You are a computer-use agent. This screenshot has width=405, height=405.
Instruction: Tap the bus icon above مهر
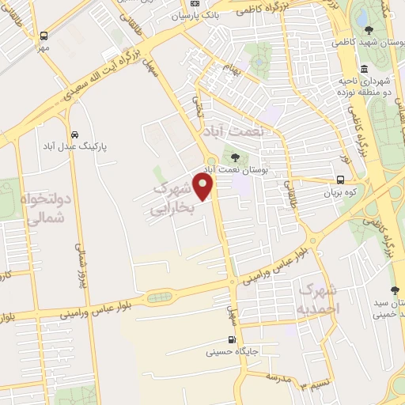click(44, 35)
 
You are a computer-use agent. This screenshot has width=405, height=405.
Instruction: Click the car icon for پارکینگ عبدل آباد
click(74, 134)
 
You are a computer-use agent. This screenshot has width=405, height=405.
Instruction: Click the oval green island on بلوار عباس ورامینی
click(161, 297)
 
